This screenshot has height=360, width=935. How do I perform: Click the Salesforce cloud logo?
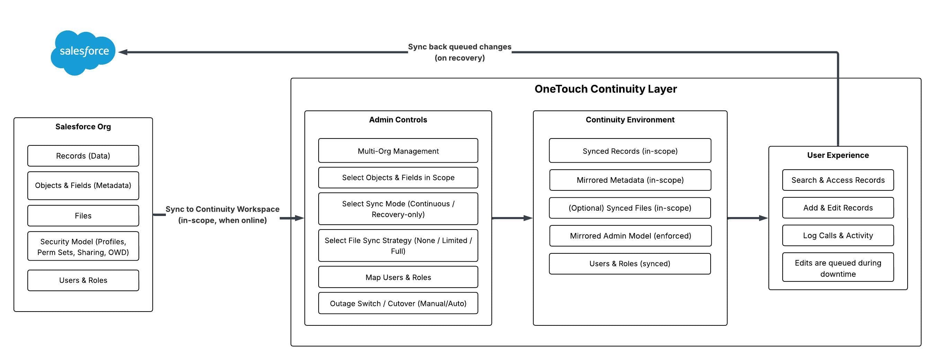83,52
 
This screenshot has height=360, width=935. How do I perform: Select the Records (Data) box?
83,156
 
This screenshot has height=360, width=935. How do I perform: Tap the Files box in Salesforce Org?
83,216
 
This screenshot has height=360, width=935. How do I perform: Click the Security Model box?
83,246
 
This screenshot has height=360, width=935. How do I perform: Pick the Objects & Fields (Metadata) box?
83,186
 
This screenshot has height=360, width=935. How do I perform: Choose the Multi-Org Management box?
398,151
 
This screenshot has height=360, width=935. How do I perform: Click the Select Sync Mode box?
398,209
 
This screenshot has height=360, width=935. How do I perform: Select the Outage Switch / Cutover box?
398,303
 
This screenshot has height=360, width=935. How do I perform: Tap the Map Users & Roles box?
398,277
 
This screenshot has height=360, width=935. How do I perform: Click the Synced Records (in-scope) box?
630,151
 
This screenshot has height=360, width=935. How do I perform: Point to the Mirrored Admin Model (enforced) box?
630,236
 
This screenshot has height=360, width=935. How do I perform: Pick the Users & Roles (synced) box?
630,264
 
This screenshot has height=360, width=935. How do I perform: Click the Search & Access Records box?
838,180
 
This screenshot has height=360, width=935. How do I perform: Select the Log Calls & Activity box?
838,235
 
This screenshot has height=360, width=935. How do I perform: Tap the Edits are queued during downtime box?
838,268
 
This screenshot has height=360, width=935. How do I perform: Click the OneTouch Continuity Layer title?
605,89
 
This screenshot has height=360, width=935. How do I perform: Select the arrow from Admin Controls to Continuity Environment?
512,218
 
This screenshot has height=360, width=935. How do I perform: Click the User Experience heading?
838,155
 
